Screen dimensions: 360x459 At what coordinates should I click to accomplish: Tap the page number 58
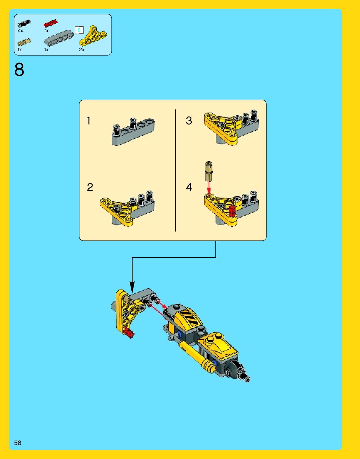click(18, 442)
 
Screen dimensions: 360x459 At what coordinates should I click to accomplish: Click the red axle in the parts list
click(51, 23)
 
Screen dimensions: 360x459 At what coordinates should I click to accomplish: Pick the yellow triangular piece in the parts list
click(93, 36)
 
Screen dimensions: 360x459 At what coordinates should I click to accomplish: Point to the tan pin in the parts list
click(24, 42)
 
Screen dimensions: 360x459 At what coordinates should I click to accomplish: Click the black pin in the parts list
click(24, 23)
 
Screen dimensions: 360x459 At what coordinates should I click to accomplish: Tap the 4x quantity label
click(20, 31)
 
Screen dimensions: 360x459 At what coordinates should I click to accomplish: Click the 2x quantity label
click(82, 50)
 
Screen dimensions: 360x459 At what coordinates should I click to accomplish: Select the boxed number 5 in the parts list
click(79, 30)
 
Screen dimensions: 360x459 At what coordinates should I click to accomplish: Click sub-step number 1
click(89, 121)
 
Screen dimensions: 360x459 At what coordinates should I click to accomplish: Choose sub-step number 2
click(90, 187)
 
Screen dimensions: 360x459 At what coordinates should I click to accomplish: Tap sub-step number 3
click(189, 121)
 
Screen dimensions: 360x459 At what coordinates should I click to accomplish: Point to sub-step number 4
click(189, 187)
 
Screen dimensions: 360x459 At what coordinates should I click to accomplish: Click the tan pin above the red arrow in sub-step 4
click(209, 171)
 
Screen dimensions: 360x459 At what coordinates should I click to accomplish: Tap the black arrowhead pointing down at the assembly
click(132, 287)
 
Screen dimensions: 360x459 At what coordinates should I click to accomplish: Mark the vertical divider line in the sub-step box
click(175, 170)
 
